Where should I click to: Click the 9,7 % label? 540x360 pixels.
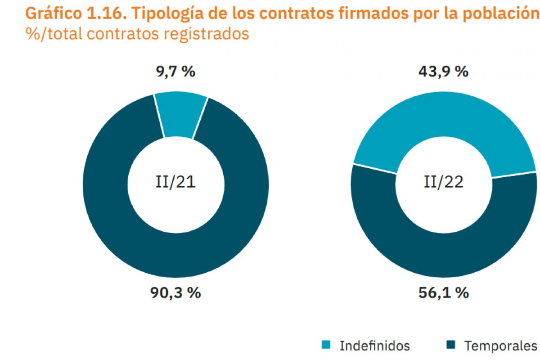(175, 72)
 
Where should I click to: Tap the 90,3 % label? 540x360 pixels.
(175, 293)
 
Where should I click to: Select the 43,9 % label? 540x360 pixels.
(444, 72)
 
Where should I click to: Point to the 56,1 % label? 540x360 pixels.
(444, 293)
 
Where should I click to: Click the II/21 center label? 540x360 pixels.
(175, 183)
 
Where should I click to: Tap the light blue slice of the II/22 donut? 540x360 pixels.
(443, 117)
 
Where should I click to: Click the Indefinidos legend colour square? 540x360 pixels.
(326, 345)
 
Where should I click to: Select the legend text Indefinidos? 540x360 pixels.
(375, 346)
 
